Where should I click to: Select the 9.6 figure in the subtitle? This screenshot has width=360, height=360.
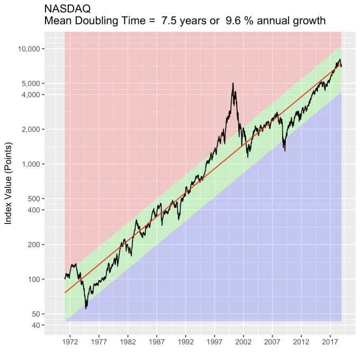(x=222, y=21)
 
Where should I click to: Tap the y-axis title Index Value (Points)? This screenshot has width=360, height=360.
(x=8, y=183)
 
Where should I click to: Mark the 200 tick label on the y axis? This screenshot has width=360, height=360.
(x=34, y=245)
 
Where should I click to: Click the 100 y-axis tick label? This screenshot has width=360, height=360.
(x=34, y=280)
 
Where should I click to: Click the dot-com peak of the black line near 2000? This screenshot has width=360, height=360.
(x=233, y=83)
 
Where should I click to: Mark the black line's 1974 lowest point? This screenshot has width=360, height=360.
(x=86, y=308)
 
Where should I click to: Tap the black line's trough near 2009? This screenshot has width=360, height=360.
(x=285, y=151)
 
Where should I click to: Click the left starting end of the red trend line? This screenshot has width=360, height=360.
(x=65, y=292)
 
